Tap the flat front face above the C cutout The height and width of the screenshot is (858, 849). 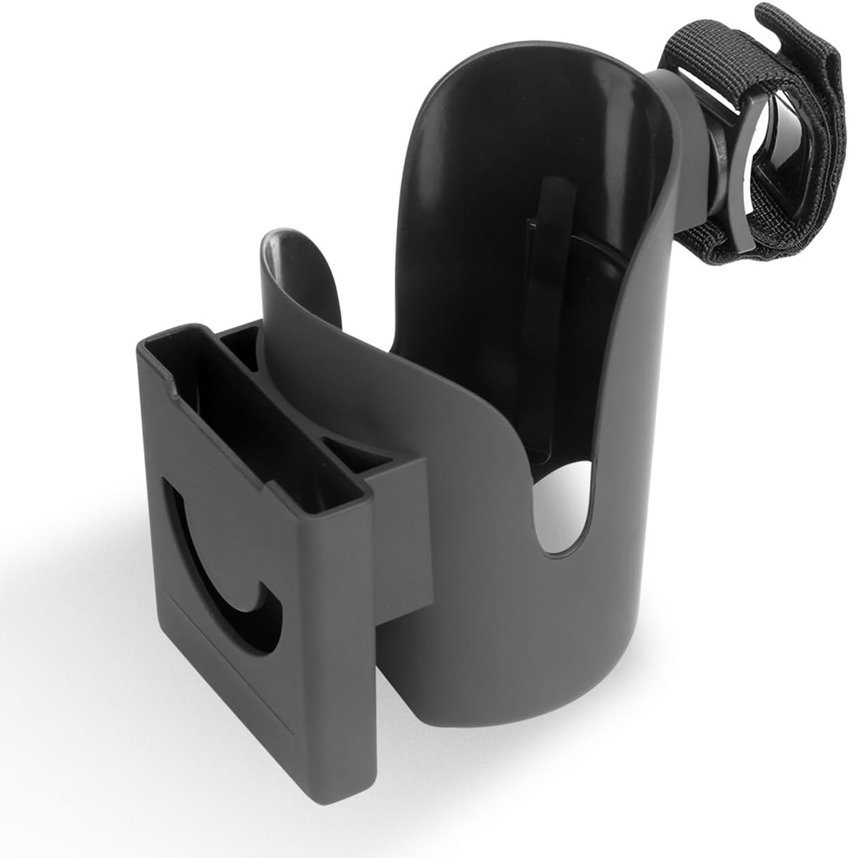click(205, 436)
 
